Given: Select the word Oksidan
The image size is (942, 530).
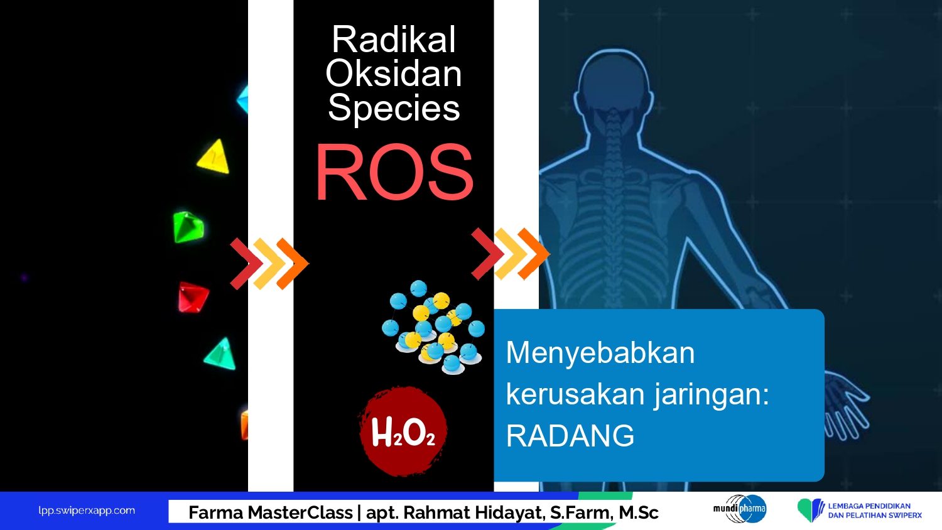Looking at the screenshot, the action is [394, 73].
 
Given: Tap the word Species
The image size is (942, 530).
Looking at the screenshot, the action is [394, 109].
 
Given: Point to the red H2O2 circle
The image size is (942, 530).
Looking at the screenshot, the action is [403, 431].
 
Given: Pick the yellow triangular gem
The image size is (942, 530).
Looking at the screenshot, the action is [214, 156].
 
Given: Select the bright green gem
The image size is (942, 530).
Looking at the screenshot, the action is [188, 227].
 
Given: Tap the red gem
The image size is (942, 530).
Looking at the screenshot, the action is [193, 298].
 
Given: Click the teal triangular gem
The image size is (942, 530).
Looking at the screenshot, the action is [220, 354].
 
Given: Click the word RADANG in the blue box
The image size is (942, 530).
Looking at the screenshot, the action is [570, 436].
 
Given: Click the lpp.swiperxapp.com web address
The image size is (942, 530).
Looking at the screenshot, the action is [87, 511].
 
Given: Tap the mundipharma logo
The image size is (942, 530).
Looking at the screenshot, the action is [740, 509].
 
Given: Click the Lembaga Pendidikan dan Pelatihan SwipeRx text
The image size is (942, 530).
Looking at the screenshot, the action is [875, 511].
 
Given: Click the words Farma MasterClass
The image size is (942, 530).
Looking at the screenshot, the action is [271, 513].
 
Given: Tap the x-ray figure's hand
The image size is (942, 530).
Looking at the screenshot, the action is [845, 404].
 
